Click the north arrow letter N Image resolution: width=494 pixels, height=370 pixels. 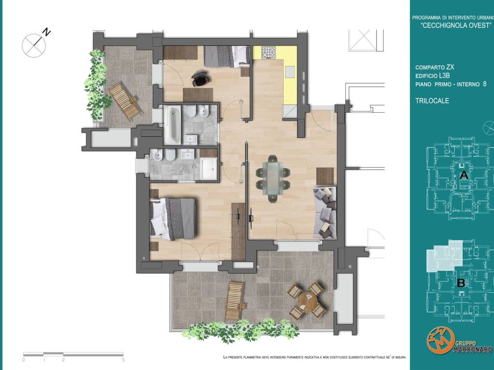(x=47, y=32)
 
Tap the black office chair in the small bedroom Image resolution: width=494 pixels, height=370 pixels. (x=200, y=79)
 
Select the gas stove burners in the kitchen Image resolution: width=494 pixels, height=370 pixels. (x=269, y=52)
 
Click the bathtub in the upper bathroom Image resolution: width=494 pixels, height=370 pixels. (x=172, y=125)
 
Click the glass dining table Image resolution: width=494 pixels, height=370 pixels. (x=273, y=178)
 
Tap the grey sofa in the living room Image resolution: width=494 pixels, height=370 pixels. (x=325, y=212)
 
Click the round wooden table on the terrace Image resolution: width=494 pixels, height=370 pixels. (x=308, y=302)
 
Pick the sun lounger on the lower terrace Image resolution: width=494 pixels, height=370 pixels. (x=234, y=301)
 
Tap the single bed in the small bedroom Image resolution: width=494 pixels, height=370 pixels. (x=227, y=56)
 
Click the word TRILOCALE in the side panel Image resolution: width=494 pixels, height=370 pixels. (x=432, y=101)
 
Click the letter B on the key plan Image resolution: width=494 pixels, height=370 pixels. (x=461, y=283)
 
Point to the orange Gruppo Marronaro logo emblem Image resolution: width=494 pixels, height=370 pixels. (x=440, y=341)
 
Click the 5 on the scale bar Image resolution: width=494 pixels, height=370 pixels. (x=123, y=359)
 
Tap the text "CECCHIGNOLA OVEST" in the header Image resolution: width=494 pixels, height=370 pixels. (x=456, y=26)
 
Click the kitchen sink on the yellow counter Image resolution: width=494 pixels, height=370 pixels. (x=290, y=72)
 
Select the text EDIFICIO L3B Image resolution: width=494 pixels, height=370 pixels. (x=432, y=76)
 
